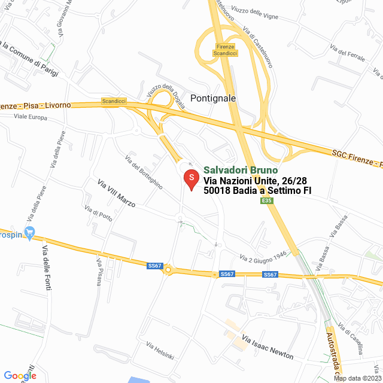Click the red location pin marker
click(191, 179)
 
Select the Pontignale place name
click(213, 98)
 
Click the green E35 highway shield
click(268, 202)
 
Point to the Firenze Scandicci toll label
click(225, 50)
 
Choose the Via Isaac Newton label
click(268, 346)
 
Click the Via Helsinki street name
click(160, 350)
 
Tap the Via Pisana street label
click(99, 272)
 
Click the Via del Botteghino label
click(144, 172)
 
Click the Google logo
click(20, 376)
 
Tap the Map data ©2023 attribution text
click(358, 378)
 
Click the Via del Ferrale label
click(351, 54)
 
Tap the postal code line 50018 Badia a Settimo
click(257, 191)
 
